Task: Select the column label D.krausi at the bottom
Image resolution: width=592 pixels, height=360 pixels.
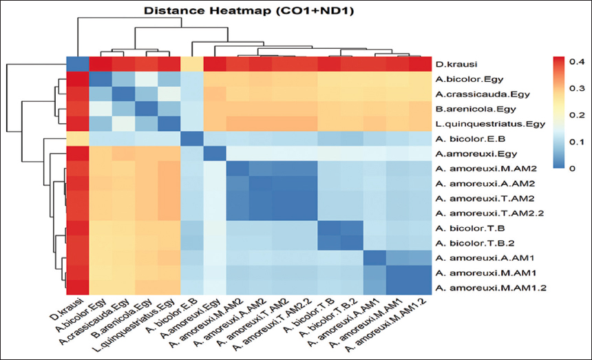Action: pos(70,308)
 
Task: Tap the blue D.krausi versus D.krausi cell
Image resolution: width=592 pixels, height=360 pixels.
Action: pos(78,64)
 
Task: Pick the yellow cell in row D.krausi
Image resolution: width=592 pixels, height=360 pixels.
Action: pos(191,64)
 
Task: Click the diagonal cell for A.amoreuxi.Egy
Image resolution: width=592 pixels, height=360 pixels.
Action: pos(213,153)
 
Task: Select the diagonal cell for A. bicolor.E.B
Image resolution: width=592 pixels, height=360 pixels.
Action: pos(191,138)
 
